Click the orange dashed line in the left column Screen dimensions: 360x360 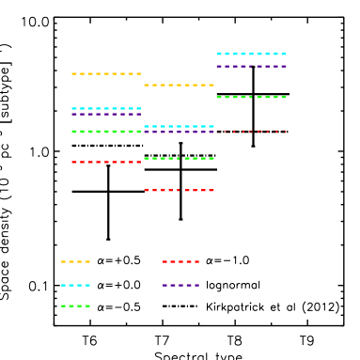[x=106, y=73]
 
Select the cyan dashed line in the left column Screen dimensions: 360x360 [x=106, y=108]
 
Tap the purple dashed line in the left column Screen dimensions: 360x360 [x=106, y=114]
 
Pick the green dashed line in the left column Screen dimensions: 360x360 [x=106, y=132]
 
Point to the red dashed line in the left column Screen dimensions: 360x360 [x=106, y=162]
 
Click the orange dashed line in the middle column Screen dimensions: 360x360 [x=179, y=85]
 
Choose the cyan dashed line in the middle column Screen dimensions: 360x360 [x=179, y=126]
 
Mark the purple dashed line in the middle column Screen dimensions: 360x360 [x=179, y=132]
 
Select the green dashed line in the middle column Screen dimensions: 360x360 [x=179, y=158]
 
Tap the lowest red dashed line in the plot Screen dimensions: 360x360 [x=179, y=190]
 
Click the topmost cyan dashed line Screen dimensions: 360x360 [x=251, y=54]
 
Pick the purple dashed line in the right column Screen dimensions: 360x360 [x=251, y=66]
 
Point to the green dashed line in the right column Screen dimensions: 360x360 [x=251, y=97]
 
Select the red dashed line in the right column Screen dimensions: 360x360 [x=251, y=131]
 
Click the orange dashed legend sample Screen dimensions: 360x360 [x=75, y=261]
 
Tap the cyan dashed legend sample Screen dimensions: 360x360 [x=75, y=285]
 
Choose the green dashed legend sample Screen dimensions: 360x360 [x=75, y=305]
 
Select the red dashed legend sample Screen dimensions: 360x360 [x=180, y=261]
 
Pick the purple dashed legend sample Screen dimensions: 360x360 [x=180, y=285]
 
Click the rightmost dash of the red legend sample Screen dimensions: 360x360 [x=196, y=261]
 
